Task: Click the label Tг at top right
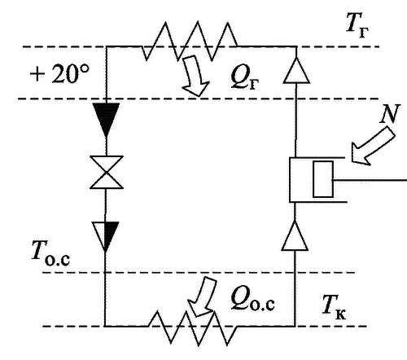click(357, 26)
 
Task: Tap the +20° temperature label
click(59, 73)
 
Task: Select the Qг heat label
click(245, 79)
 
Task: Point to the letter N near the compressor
click(390, 114)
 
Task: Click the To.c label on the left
click(50, 253)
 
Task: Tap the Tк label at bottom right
click(335, 308)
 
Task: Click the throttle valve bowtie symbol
click(107, 172)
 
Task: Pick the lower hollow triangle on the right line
click(295, 235)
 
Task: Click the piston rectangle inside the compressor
click(323, 179)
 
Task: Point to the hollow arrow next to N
click(372, 147)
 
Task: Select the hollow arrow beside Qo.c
click(202, 297)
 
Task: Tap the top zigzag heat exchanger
click(190, 41)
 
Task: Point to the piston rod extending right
click(370, 180)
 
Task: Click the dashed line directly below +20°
click(198, 99)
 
